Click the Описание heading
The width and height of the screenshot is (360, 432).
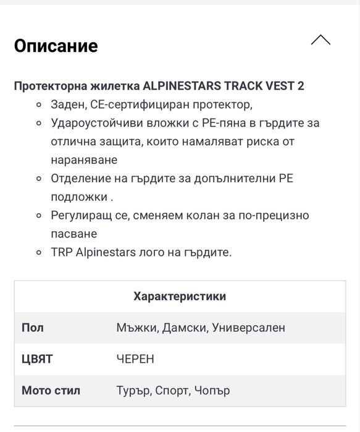(56, 46)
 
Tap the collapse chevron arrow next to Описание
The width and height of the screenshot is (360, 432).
(320, 40)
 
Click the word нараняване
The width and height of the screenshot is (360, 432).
(84, 159)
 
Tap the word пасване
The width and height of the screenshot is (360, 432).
(73, 234)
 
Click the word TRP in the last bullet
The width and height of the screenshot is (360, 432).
(62, 253)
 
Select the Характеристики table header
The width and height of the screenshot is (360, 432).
(180, 296)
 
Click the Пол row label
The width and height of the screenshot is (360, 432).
(32, 328)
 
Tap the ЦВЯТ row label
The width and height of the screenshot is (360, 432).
(37, 359)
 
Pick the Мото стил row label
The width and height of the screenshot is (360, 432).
(51, 391)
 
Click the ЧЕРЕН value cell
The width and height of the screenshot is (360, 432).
(135, 359)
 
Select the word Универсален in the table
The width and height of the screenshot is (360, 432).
(248, 328)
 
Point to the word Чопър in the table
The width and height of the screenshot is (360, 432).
(212, 391)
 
